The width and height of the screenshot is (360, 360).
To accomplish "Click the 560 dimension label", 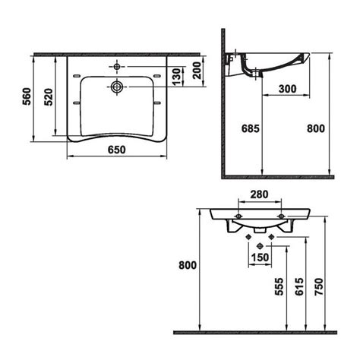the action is [x=27, y=96].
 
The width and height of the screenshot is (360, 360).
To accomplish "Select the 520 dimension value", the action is [x=49, y=97].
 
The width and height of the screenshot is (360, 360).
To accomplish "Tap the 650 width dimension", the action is [x=117, y=150].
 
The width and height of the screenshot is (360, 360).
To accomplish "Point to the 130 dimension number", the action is [x=177, y=76].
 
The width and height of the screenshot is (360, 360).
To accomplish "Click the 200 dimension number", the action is [x=197, y=71].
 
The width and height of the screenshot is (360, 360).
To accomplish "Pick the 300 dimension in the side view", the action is [x=287, y=89].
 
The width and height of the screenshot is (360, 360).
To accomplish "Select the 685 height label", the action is [x=251, y=128].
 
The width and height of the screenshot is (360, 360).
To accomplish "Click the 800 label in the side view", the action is [x=316, y=128].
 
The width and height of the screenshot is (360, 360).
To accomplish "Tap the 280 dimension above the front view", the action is [x=259, y=194].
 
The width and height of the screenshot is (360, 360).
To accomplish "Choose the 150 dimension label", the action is [x=260, y=257].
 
